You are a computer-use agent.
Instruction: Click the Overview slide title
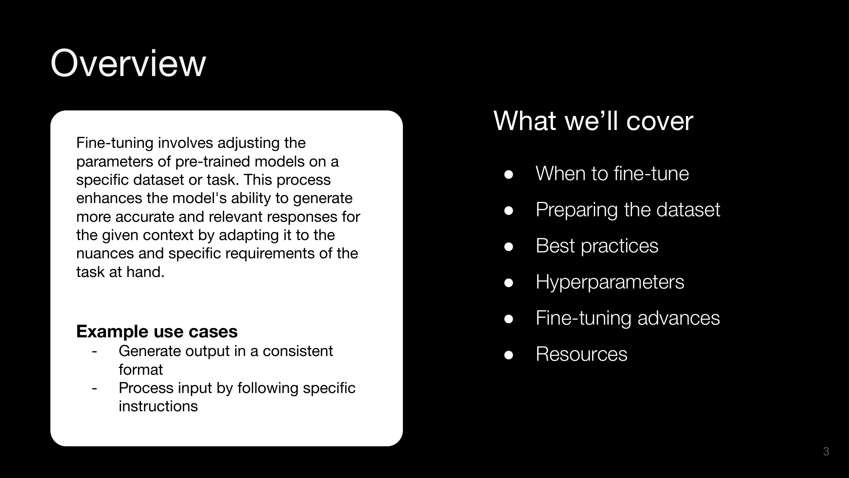click(128, 63)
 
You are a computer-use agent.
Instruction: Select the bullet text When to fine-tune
click(612, 173)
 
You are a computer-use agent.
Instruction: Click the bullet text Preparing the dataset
click(628, 210)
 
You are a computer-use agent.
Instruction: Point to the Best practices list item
click(597, 246)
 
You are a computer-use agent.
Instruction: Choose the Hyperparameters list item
click(610, 282)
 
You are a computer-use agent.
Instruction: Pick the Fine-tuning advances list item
click(628, 318)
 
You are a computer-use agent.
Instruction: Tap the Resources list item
click(582, 354)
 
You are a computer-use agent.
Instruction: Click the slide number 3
click(826, 451)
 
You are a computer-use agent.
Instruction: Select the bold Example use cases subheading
click(157, 331)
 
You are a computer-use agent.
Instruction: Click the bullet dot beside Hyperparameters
click(509, 283)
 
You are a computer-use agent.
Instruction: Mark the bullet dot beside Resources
click(509, 355)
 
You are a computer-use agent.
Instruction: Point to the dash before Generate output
click(94, 351)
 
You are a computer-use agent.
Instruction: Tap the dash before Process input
click(94, 388)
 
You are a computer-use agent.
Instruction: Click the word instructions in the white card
click(158, 406)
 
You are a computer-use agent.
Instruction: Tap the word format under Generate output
click(141, 370)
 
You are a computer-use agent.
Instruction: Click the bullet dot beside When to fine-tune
click(509, 175)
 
